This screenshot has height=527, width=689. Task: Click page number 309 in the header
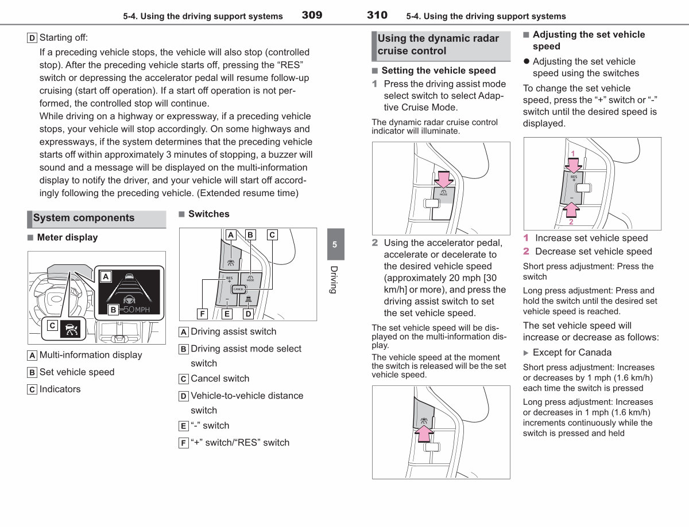coord(312,15)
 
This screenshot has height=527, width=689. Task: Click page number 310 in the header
coord(377,15)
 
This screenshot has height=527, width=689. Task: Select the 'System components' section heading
coord(84,218)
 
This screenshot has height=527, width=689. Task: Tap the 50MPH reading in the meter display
coord(136,309)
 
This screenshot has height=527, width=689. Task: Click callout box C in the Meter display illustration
coord(52,325)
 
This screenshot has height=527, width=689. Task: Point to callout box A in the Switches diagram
coord(231,235)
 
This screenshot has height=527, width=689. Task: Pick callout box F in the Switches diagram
coord(202,314)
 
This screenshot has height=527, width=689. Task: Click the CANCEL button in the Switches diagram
coord(238,289)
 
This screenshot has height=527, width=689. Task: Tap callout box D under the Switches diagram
coord(248,314)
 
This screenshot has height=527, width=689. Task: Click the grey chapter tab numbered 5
coord(336,244)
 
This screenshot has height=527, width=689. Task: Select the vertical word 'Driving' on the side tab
coord(334,280)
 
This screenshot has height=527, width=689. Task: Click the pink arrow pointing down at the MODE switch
coord(444,179)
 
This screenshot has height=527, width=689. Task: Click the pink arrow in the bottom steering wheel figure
coord(424,433)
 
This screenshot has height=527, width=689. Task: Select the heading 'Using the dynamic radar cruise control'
coord(438,45)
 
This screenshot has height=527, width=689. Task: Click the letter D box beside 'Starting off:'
coord(32,38)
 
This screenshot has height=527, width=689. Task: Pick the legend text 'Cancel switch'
coord(220,378)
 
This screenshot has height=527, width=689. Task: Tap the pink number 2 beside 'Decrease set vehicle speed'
coord(526,251)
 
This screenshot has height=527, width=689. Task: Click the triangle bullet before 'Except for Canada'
coord(526,353)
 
